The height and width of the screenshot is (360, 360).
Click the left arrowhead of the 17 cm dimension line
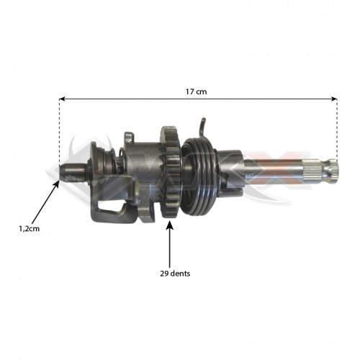click(63, 100)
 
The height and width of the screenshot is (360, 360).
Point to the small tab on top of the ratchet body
click(128, 136)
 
